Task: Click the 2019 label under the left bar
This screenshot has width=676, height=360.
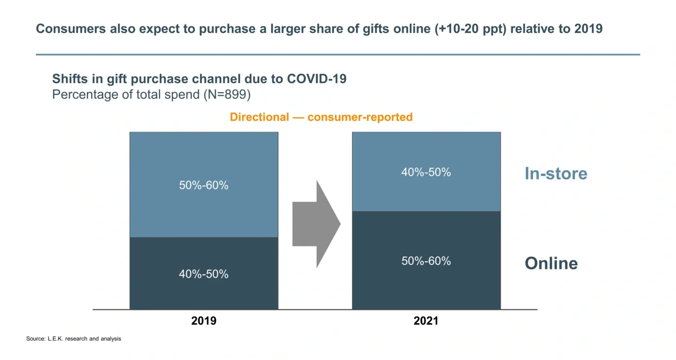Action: tap(203, 321)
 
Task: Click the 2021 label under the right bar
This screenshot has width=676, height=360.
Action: tap(425, 321)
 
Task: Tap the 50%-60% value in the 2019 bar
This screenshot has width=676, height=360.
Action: tap(203, 185)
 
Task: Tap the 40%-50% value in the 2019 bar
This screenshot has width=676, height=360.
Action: tap(203, 274)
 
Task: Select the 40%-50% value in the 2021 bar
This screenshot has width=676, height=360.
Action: tap(426, 172)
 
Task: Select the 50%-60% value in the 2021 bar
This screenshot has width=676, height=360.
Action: tap(426, 261)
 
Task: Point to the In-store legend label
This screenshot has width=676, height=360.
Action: tap(555, 173)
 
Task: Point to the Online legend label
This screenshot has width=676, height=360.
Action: tap(551, 263)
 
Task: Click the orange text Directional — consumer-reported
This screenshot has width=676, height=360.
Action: tap(321, 117)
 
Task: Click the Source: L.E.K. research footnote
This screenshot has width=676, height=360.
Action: tap(73, 339)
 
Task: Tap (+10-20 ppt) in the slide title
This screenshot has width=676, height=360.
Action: tap(471, 29)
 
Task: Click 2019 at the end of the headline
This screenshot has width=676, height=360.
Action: tap(588, 29)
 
